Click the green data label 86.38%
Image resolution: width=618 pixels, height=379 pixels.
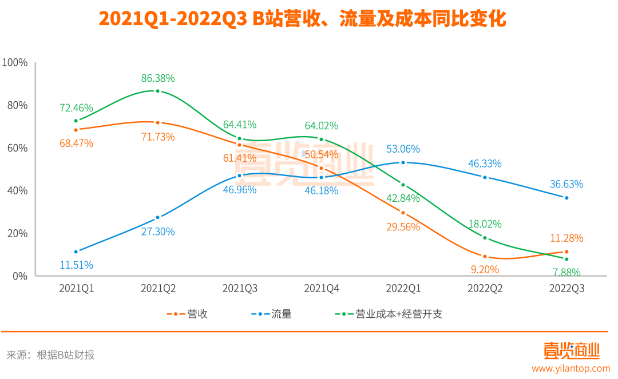pyautogui.click(x=158, y=78)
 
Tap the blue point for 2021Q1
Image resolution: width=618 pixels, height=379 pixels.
pyautogui.click(x=76, y=252)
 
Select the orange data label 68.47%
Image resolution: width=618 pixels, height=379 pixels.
pyautogui.click(x=76, y=143)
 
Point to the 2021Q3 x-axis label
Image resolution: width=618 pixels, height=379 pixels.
pyautogui.click(x=240, y=289)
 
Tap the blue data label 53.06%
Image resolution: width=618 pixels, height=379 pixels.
pyautogui.click(x=403, y=149)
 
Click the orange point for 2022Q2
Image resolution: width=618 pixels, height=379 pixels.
pyautogui.click(x=485, y=257)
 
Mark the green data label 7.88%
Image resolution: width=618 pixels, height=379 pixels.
pyautogui.click(x=566, y=272)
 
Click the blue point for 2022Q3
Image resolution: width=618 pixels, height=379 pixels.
pyautogui.click(x=566, y=198)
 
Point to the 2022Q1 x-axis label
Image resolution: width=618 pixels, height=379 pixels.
pyautogui.click(x=403, y=289)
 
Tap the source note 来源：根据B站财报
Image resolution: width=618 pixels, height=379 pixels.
pyautogui.click(x=50, y=355)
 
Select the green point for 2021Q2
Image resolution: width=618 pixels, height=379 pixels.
pyautogui.click(x=158, y=91)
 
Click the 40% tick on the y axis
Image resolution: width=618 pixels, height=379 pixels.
pyautogui.click(x=17, y=190)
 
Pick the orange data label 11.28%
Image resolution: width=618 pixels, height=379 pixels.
pyautogui.click(x=566, y=238)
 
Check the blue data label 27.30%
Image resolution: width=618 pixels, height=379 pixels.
pyautogui.click(x=158, y=232)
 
